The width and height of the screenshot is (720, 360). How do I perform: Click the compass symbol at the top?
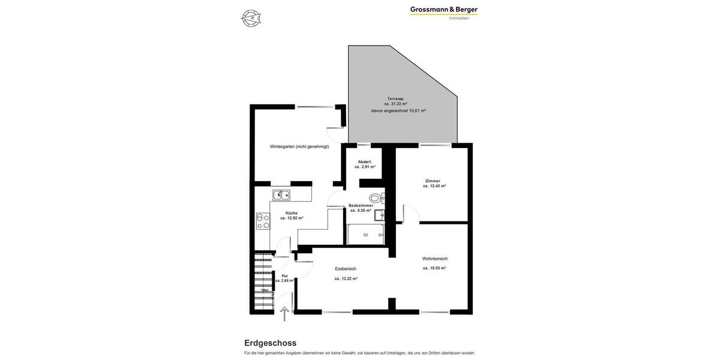coord(251,18)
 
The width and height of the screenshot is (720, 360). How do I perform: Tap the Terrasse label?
coord(395,98)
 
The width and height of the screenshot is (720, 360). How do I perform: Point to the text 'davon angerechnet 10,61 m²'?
coord(398,111)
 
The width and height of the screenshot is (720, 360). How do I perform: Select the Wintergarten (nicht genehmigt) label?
coord(299,146)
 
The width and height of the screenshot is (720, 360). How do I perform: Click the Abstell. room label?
coord(365,161)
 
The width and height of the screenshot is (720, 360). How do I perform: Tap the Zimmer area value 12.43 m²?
coord(434,186)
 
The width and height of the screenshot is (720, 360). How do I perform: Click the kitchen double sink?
coord(281,195)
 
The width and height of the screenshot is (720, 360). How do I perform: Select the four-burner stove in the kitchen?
coord(263,221)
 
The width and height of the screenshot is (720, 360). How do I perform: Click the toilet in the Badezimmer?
coord(375,198)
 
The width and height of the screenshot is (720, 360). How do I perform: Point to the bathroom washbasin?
coord(379,215)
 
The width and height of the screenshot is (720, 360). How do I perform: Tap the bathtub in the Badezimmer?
coord(365,235)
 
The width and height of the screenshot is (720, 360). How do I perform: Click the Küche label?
coord(292,213)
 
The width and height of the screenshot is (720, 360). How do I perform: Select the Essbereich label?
coord(346,269)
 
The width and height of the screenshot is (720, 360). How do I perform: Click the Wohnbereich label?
coord(435,259)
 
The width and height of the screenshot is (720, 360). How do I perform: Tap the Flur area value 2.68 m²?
coord(284,281)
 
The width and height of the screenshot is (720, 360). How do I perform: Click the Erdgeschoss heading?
coord(270,343)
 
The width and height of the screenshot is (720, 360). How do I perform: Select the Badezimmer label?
coord(361,205)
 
